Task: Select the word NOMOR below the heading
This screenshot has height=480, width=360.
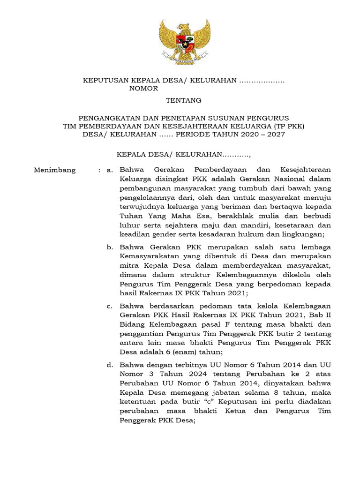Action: (143, 88)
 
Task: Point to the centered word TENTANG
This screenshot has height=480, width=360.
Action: (184, 100)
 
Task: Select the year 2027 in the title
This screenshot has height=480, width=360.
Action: (274, 134)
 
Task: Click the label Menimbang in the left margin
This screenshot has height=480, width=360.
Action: (54, 170)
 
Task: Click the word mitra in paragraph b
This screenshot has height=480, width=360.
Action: (128, 265)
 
